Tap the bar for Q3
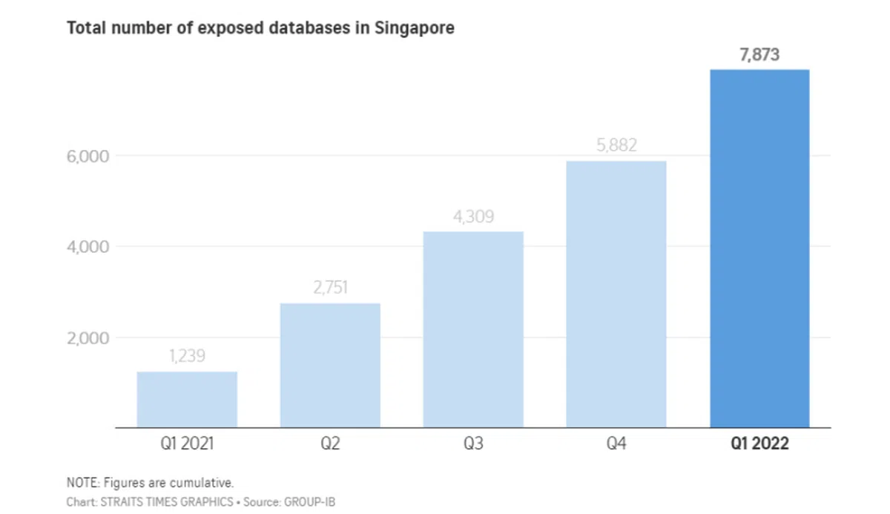coord(473,329)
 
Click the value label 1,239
coord(187,357)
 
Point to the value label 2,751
coord(330,288)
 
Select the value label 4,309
coord(473,217)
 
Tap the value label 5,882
coord(616,145)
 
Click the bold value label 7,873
coord(759,55)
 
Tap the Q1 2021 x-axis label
coord(187,444)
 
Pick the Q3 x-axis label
coord(473,444)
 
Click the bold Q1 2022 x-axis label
coord(759,444)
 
